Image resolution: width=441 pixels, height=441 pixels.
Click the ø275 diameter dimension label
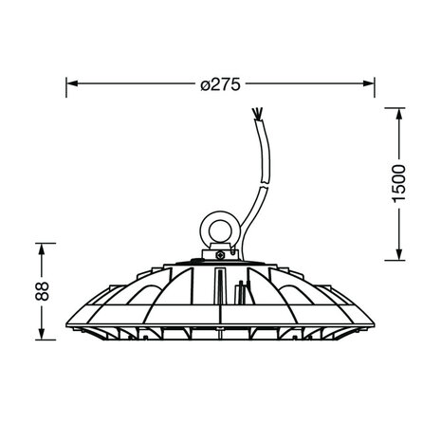(x=220, y=84)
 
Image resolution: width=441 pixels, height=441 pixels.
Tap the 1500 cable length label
(x=398, y=184)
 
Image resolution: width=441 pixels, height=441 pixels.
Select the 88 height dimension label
(x=42, y=291)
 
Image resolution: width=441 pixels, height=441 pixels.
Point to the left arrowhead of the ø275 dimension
(x=72, y=83)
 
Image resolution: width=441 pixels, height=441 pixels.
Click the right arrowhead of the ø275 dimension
(x=369, y=83)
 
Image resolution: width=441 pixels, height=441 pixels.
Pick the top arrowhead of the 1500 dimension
(x=399, y=114)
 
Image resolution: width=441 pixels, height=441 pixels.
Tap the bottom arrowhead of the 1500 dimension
(x=399, y=254)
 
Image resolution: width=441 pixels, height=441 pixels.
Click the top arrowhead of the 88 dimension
(x=42, y=249)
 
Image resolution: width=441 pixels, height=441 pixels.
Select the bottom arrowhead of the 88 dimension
(x=42, y=334)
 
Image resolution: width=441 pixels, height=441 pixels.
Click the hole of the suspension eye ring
(x=220, y=231)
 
